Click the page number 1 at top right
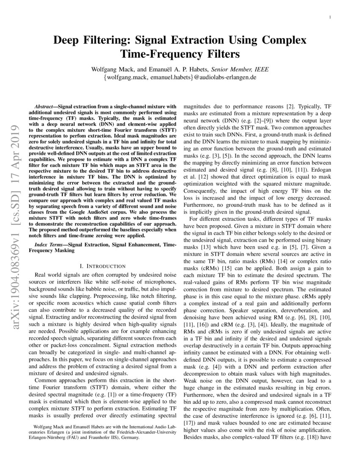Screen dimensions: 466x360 (330, 17)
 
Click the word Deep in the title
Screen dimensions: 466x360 (69, 41)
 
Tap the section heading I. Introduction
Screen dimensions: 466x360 (102, 266)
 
